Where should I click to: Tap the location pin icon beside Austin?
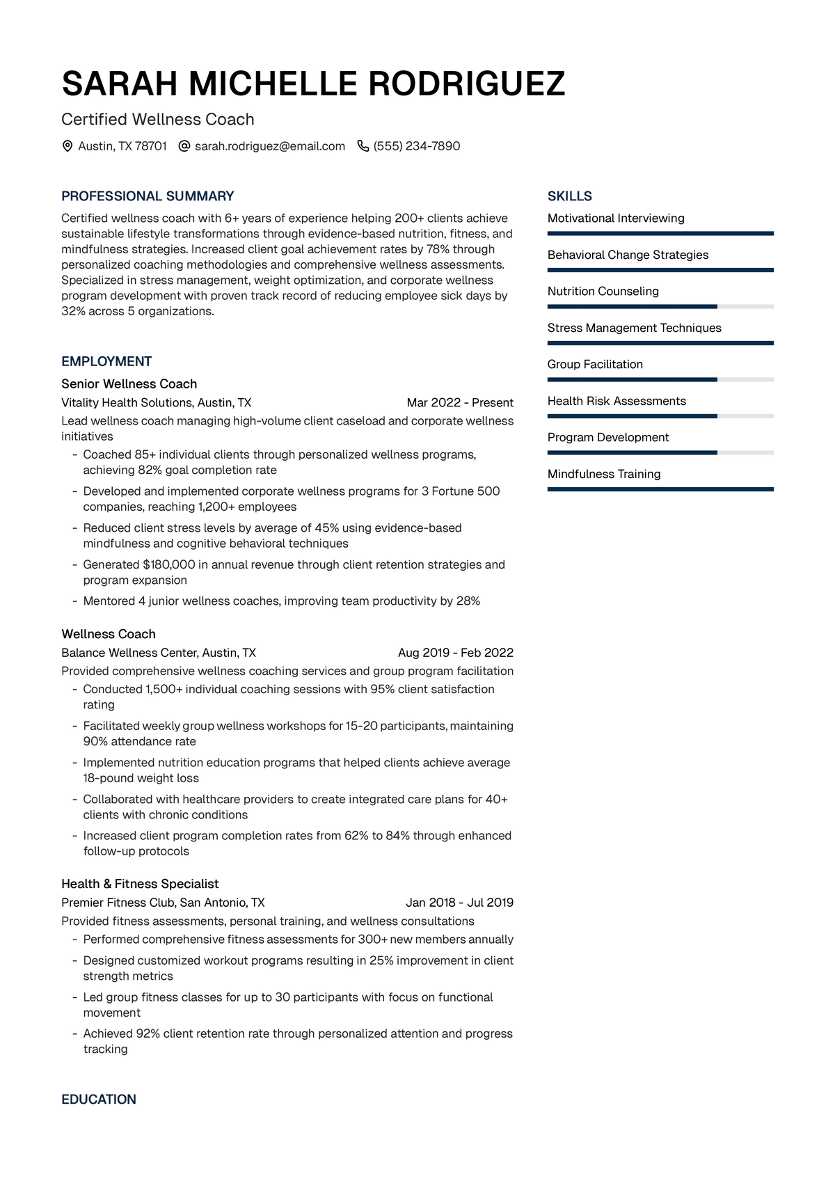point(67,146)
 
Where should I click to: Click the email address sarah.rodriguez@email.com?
point(270,146)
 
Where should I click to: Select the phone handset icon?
point(363,146)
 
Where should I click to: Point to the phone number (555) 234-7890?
point(417,146)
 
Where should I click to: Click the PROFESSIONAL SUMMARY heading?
point(148,196)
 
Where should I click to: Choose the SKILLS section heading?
point(570,196)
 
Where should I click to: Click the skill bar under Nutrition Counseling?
point(660,306)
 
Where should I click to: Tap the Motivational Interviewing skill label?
point(616,219)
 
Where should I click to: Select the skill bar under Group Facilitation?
point(660,379)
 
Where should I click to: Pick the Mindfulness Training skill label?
point(604,474)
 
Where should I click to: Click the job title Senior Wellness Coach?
point(129,384)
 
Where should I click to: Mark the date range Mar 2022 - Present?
point(460,403)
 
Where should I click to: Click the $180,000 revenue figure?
point(169,564)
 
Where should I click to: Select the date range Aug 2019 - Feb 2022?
point(456,653)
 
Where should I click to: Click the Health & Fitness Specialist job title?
point(140,884)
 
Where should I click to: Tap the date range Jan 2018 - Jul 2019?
point(459,903)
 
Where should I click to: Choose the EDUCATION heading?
point(99,1100)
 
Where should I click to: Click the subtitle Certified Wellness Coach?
point(158,120)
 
